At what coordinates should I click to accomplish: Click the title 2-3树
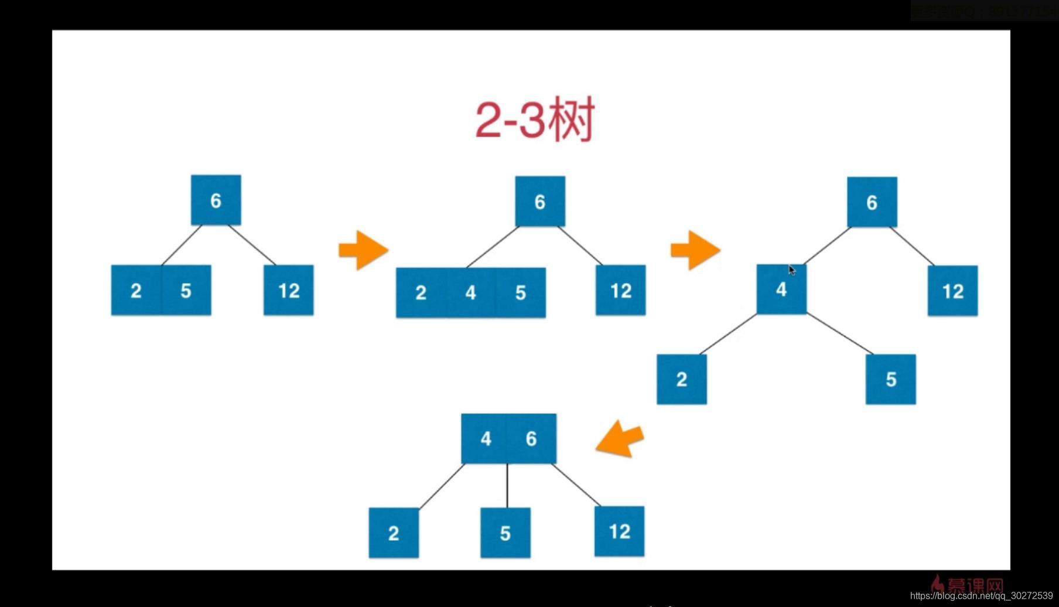point(535,120)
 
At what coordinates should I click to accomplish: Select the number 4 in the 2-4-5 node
point(471,292)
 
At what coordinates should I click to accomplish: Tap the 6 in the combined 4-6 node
point(531,438)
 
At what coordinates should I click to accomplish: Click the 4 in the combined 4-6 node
point(486,438)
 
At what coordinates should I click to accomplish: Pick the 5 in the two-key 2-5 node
point(186,291)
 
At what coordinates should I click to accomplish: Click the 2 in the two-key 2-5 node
point(136,291)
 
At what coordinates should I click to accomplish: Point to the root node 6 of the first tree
point(216,200)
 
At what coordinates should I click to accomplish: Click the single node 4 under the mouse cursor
point(781,289)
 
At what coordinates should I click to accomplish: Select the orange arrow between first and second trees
point(363,250)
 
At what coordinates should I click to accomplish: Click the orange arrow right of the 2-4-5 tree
point(695,250)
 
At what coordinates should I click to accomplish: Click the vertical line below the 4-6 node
point(507,485)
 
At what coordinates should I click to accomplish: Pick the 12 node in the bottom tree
point(619,531)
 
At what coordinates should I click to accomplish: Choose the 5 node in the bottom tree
point(505,533)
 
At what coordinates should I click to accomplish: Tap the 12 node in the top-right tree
point(952,291)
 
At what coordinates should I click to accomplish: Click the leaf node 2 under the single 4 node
point(681,379)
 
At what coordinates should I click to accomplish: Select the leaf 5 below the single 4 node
point(890,379)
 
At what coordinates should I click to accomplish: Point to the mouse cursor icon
point(792,270)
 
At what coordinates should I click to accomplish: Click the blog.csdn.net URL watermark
point(981,596)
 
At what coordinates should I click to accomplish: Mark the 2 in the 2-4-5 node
point(421,292)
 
